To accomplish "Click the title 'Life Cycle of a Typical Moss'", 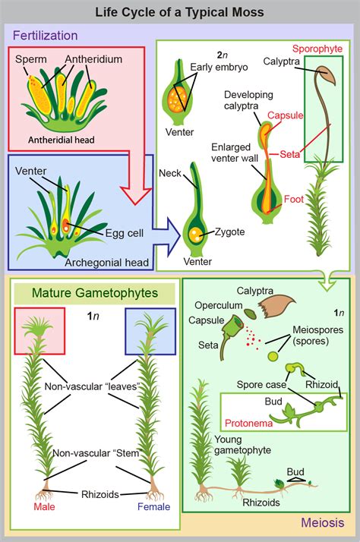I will click(x=179, y=11).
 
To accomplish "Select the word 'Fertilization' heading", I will click(x=46, y=35).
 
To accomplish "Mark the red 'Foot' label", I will click(x=295, y=200).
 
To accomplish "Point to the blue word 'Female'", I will click(x=153, y=506).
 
